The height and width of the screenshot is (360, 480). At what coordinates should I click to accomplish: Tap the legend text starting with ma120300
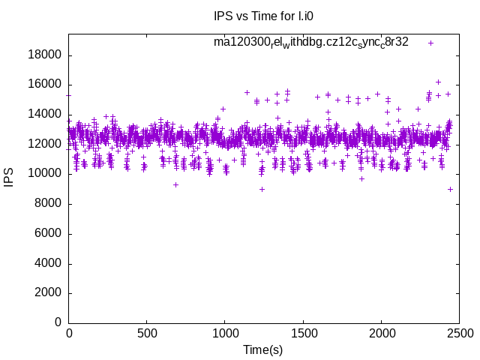click(311, 42)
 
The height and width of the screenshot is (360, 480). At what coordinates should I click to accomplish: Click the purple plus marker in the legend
click(430, 43)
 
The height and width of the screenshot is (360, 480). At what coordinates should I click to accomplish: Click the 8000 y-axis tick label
click(48, 204)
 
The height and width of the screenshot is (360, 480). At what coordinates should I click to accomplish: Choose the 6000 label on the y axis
click(48, 233)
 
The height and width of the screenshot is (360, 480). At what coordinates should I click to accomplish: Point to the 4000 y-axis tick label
click(48, 263)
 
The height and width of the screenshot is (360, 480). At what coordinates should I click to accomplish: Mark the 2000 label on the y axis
click(48, 292)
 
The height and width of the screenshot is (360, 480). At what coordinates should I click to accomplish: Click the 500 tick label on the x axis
click(147, 333)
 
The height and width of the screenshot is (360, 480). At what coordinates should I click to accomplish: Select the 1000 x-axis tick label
click(225, 333)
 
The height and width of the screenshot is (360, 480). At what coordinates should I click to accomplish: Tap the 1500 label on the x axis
click(303, 333)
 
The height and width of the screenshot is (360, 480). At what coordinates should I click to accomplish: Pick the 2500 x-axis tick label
click(459, 333)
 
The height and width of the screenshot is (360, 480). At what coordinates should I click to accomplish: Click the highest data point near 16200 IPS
click(438, 82)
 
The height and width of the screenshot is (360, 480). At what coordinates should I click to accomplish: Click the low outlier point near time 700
click(175, 184)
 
